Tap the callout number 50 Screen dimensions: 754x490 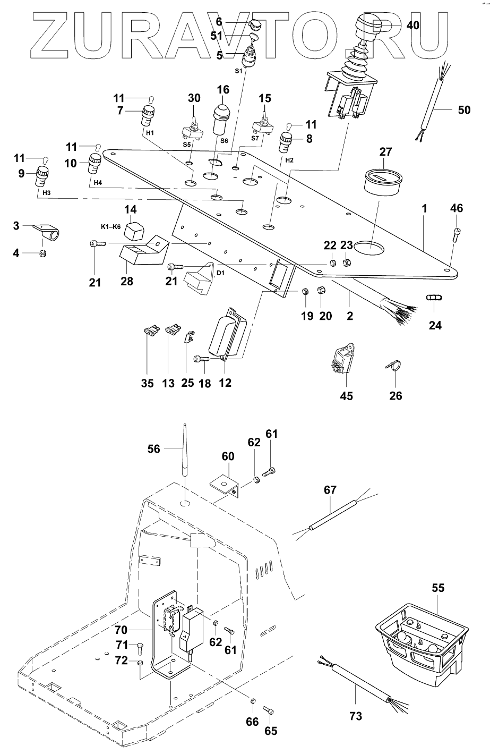464,110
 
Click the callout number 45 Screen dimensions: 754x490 346,396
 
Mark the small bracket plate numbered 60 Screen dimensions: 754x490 225,485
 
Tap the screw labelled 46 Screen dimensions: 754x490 457,232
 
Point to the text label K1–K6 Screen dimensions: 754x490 111,226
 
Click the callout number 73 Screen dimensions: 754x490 356,716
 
